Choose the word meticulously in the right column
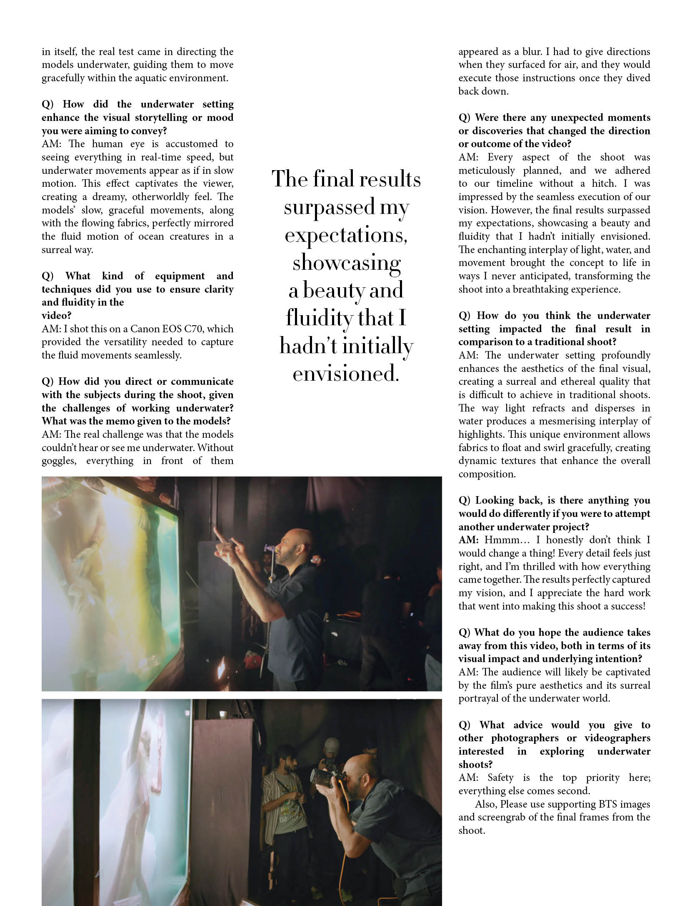(x=487, y=171)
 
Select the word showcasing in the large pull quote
(x=346, y=263)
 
